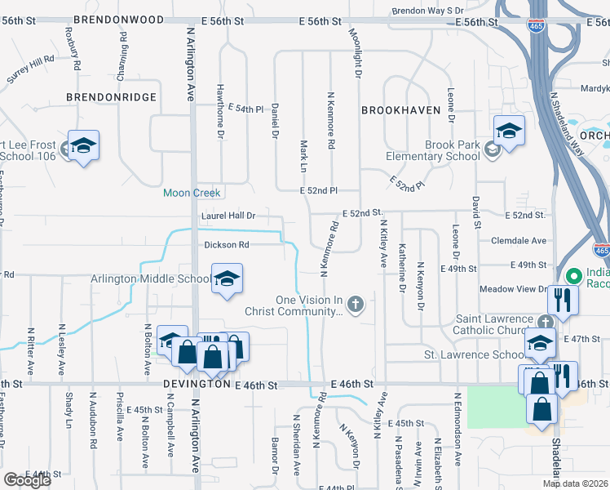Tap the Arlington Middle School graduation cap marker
pos(228,278)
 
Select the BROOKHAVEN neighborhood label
pos(400,109)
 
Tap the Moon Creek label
pos(192,194)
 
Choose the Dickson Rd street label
pos(226,244)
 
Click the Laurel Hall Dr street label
pos(228,216)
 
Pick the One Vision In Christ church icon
pos(354,305)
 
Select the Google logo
pos(27,479)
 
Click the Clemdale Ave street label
pos(519,241)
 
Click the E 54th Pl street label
pos(246,108)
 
